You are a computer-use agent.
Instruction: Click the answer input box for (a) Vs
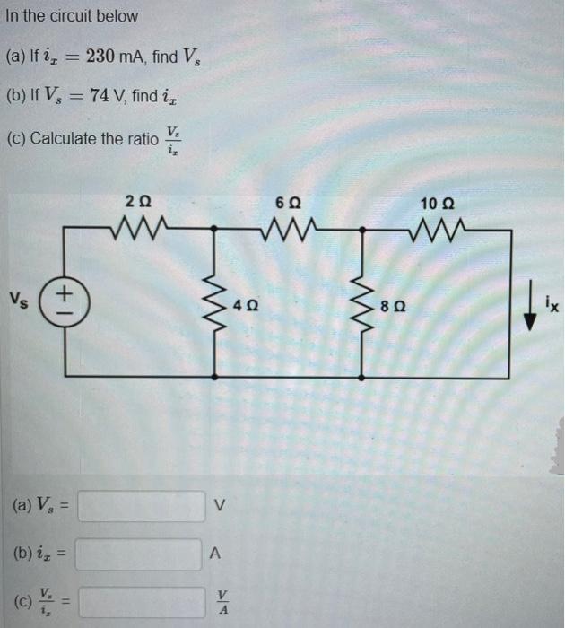(x=139, y=507)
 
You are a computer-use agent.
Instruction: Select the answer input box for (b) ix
(x=139, y=554)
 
